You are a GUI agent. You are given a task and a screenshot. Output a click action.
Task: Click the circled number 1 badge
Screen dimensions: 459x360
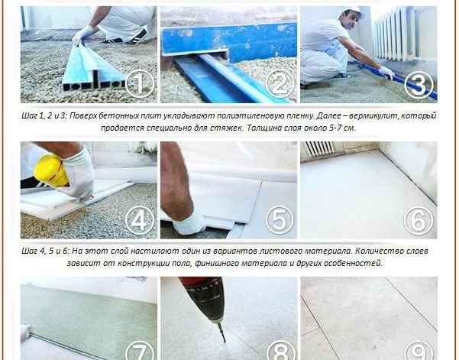(x=140, y=84)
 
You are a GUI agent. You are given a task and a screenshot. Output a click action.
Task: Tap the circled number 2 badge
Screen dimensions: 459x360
(x=280, y=84)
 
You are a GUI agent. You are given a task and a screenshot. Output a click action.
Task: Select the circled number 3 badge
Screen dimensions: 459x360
(x=419, y=84)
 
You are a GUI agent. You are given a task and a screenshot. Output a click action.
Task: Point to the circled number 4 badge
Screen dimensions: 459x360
(x=140, y=220)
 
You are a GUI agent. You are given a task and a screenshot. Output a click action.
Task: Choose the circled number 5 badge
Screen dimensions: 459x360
(x=280, y=220)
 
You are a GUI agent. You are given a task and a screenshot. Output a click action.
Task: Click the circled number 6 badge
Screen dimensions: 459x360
(x=419, y=220)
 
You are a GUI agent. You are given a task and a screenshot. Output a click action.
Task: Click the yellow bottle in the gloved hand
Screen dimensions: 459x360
(x=50, y=170)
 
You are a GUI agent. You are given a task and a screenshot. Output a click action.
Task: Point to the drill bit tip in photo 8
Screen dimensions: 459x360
(x=225, y=341)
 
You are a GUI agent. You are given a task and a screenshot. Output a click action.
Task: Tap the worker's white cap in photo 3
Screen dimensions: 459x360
(x=354, y=11)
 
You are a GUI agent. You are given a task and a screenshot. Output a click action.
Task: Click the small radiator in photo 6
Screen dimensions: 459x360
(x=320, y=148)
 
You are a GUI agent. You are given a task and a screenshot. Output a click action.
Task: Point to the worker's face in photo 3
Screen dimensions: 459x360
(x=348, y=21)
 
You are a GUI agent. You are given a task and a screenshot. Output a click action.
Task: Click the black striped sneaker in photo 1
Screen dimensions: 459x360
(x=135, y=37)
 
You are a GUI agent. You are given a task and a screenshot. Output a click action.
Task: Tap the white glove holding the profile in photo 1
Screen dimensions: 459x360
(x=82, y=34)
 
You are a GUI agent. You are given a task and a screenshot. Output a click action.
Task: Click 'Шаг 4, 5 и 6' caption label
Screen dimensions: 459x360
(x=45, y=251)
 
